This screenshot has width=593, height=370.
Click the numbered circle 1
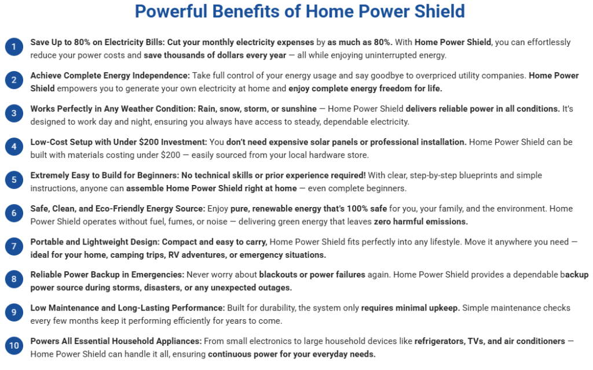14,47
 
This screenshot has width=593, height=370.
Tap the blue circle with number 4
14,146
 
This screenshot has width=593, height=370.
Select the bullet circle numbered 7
14,246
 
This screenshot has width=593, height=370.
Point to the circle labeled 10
14,346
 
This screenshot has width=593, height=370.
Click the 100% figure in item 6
357,208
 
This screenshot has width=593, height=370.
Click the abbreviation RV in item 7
173,255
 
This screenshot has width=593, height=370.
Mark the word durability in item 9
280,308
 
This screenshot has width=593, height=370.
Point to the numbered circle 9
14,312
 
